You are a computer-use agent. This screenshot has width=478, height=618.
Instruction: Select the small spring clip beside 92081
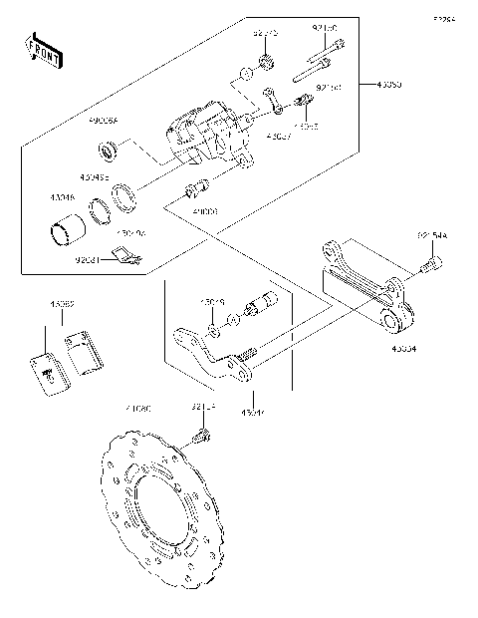coord(123,259)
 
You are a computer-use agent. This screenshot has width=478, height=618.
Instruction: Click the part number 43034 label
coord(404,349)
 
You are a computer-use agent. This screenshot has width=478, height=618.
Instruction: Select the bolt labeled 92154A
coord(431,266)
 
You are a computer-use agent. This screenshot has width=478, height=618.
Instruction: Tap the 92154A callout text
coord(432,236)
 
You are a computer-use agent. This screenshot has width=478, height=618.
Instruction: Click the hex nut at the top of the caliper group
coord(267,66)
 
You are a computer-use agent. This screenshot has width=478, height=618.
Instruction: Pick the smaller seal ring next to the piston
coord(100,210)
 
